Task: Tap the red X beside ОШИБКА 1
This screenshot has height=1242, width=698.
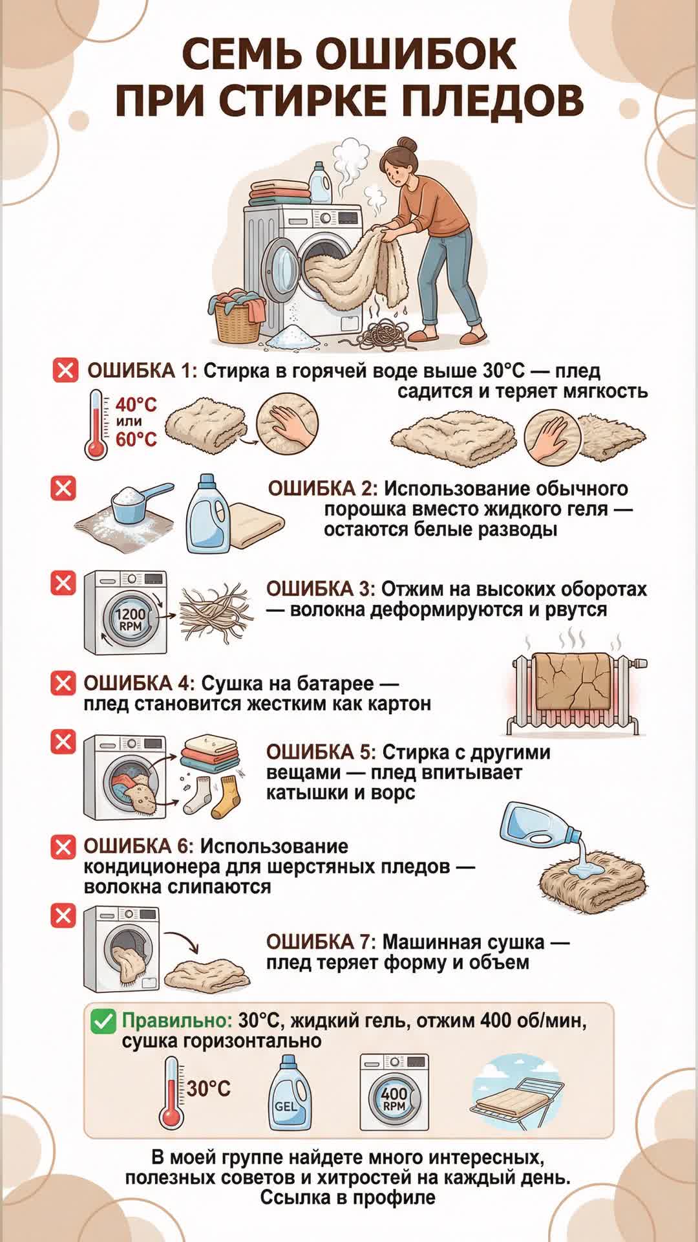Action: click(x=65, y=371)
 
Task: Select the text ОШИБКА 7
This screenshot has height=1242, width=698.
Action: click(x=321, y=942)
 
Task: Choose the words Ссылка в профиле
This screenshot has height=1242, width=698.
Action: click(x=348, y=1197)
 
